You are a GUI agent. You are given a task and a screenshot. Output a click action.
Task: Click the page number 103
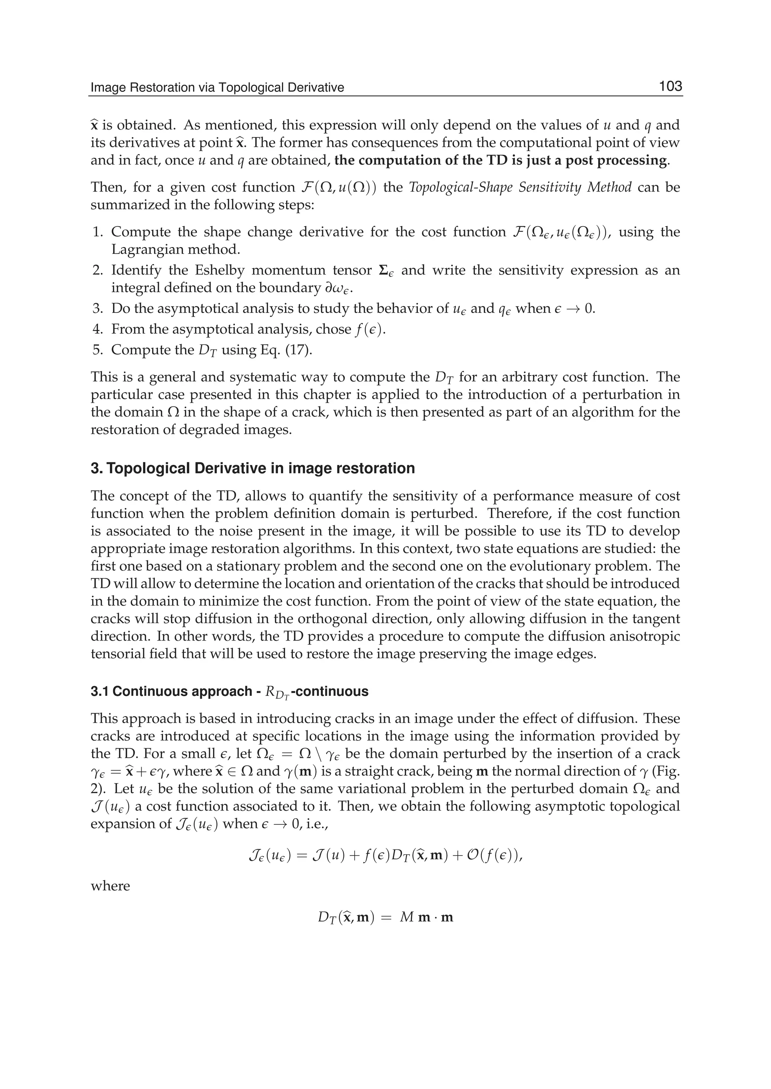670,87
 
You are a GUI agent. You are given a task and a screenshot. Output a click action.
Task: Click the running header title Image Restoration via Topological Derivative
217,87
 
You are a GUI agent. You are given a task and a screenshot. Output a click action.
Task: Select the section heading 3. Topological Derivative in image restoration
253,468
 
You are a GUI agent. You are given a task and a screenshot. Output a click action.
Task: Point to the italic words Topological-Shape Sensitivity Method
520,187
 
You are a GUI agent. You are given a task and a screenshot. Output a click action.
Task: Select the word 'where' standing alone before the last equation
110,886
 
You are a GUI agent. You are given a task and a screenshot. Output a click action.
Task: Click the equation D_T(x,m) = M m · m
385,917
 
